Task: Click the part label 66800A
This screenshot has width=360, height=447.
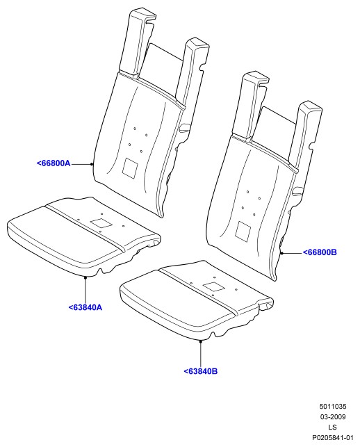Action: point(54,163)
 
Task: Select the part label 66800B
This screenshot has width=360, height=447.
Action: point(320,252)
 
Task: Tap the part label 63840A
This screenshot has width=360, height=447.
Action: point(85,307)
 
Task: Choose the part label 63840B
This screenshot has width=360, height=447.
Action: point(201,371)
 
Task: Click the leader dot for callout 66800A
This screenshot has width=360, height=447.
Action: point(92,164)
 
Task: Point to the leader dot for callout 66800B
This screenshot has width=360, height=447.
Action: point(281,253)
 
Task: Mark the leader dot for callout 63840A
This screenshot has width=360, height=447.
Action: point(85,277)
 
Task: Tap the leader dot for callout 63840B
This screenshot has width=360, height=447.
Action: point(201,341)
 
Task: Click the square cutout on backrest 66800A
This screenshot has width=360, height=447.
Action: point(130,169)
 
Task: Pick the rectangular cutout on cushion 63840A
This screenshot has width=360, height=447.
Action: point(101,223)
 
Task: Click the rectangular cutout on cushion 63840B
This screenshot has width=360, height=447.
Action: point(214,287)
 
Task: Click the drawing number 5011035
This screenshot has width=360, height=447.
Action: point(333,406)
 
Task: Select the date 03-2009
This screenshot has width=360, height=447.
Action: point(333,417)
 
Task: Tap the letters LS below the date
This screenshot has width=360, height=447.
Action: point(333,427)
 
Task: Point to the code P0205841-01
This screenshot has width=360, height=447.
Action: point(333,437)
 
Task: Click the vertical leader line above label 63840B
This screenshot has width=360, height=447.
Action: point(201,354)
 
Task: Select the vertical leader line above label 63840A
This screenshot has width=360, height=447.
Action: point(85,290)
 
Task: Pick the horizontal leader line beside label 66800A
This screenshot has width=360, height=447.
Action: point(81,164)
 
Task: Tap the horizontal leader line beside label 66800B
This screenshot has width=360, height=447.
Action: point(292,253)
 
